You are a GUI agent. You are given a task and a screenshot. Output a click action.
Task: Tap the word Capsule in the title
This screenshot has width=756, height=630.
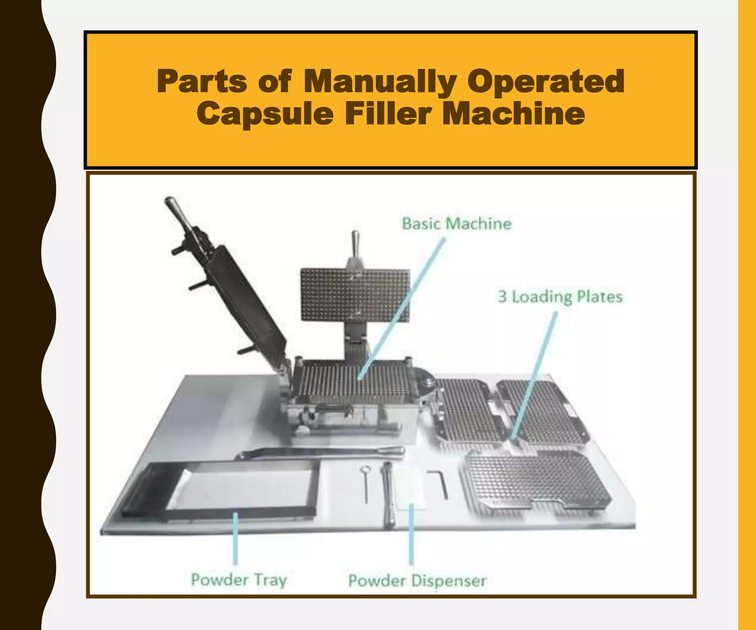265,114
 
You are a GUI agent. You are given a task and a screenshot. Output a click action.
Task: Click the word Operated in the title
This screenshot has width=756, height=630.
546,82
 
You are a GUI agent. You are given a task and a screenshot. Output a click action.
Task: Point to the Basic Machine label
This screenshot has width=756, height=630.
457,224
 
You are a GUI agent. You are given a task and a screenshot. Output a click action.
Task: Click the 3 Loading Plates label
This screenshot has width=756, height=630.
560,297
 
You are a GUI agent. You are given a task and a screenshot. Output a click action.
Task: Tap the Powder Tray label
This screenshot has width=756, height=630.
239,580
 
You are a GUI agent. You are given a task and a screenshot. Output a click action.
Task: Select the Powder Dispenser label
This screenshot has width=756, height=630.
417,581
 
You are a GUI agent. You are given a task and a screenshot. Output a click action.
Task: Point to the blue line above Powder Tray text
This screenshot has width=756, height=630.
235,539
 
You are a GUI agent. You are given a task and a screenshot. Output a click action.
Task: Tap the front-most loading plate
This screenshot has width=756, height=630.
535,480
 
